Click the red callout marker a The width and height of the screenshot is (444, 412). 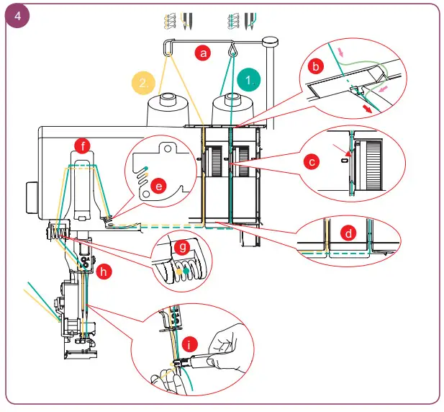pyautogui.click(x=204, y=53)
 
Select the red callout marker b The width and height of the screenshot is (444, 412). pyautogui.click(x=314, y=66)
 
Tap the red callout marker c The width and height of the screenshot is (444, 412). pyautogui.click(x=311, y=163)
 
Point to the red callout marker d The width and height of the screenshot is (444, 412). pyautogui.click(x=348, y=233)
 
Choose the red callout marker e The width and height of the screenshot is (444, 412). pyautogui.click(x=160, y=185)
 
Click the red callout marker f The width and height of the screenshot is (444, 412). pyautogui.click(x=84, y=146)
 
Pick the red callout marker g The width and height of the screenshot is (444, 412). pyautogui.click(x=183, y=248)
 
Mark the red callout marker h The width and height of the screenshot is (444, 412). pyautogui.click(x=105, y=272)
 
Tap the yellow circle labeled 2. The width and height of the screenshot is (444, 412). pyautogui.click(x=143, y=82)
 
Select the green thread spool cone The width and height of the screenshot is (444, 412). pyautogui.click(x=234, y=112)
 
